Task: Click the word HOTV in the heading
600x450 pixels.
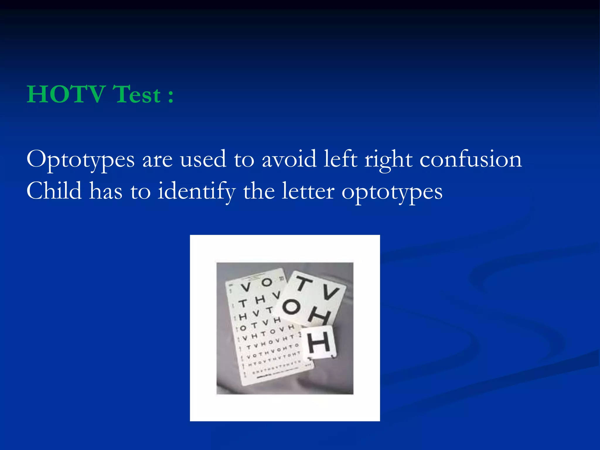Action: (66, 94)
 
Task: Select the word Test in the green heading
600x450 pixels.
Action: (137, 94)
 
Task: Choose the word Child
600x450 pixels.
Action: (54, 191)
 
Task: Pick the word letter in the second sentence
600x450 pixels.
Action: (308, 191)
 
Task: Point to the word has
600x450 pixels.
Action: (106, 191)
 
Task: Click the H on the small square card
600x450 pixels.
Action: (319, 342)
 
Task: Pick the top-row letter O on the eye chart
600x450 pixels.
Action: (266, 282)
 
